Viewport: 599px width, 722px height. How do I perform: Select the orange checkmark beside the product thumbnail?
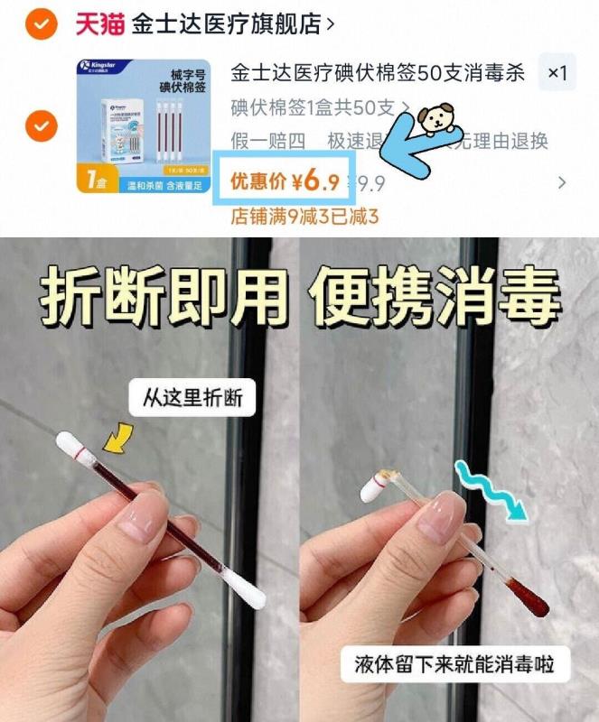(41, 126)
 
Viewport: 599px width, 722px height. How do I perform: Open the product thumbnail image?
(142, 126)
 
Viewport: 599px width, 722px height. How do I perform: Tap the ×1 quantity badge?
(557, 73)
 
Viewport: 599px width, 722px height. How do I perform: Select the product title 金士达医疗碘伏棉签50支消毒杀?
(378, 73)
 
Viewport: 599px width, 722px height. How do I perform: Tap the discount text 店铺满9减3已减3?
(304, 217)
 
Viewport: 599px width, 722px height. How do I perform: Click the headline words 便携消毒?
(436, 294)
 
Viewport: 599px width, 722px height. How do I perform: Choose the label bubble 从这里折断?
(192, 398)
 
